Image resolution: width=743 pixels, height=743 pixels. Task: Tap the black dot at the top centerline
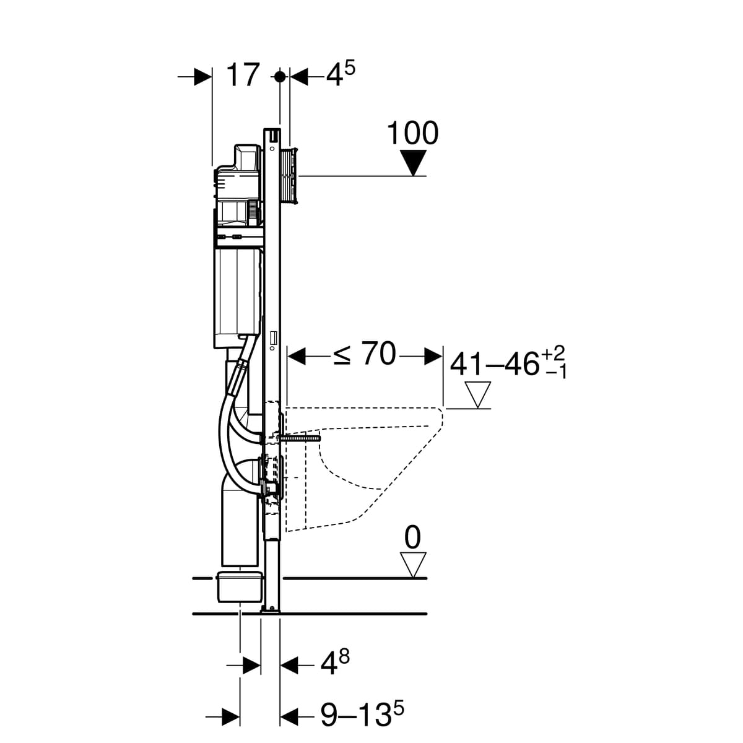point(280,77)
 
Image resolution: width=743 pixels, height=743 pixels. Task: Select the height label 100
point(412,133)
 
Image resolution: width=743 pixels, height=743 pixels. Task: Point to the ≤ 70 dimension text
point(364,354)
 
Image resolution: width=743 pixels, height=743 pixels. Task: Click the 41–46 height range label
point(495,363)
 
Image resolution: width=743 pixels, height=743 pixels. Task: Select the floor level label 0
point(412,538)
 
